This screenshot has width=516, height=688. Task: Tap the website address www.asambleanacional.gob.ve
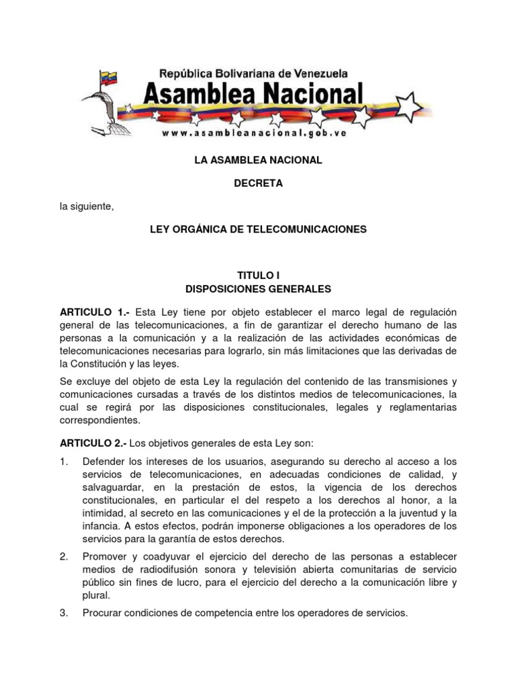click(x=253, y=133)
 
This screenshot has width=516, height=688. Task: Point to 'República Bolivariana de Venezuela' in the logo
click(x=261, y=71)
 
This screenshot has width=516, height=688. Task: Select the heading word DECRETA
click(x=258, y=183)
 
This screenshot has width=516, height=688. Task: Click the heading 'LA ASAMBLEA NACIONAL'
click(x=258, y=160)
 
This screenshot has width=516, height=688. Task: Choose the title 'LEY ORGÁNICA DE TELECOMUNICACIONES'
click(x=258, y=229)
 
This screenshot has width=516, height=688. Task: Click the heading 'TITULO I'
click(x=258, y=275)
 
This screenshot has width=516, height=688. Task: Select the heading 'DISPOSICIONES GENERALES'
click(x=258, y=289)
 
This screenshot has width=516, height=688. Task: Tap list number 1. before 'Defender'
click(x=64, y=461)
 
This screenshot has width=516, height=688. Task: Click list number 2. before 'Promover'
click(x=64, y=556)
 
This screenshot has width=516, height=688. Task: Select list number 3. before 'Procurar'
click(x=64, y=613)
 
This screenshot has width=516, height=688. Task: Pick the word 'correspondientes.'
click(x=101, y=421)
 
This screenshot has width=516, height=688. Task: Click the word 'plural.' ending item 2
click(x=95, y=595)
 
